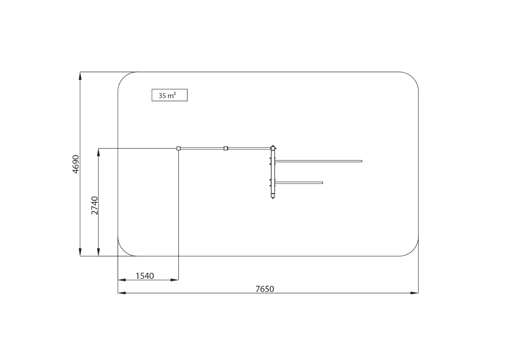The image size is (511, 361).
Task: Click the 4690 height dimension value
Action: pos(76,164)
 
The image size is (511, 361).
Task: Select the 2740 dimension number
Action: pos(94,206)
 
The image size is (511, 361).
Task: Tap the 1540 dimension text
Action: pos(145,276)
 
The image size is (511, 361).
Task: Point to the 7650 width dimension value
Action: pos(265,289)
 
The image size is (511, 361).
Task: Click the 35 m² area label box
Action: pos(170,95)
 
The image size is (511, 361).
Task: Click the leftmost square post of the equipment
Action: pos(179,148)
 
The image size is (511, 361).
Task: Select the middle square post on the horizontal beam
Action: pos(226,148)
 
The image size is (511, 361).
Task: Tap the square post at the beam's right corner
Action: pos(273,148)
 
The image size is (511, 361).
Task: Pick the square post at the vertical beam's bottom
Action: pos(273,196)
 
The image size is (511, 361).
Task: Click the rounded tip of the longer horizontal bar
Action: pos(362,161)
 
